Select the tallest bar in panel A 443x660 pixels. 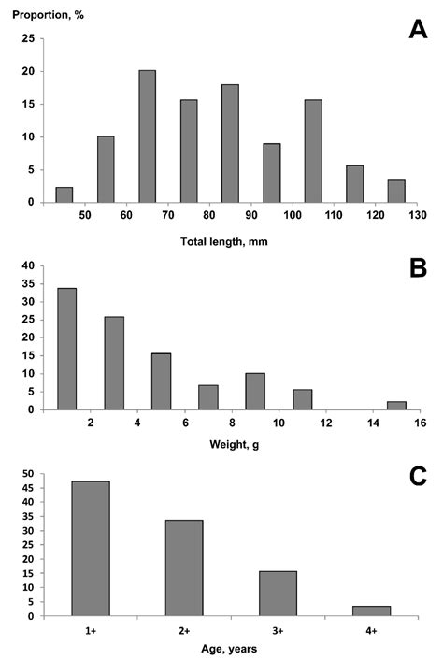coord(147,136)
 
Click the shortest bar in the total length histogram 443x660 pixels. coord(64,194)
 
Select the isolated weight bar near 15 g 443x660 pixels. coord(397,405)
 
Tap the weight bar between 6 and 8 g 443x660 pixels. coord(208,396)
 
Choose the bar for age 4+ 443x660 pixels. coord(372,610)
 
